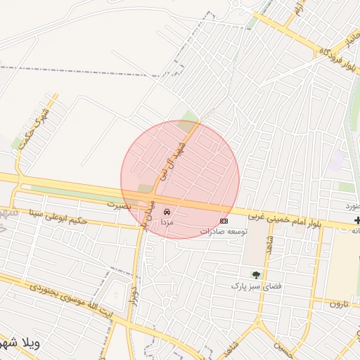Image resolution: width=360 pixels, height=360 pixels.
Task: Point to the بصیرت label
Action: point(119,205)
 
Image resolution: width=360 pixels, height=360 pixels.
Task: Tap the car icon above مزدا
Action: point(167,211)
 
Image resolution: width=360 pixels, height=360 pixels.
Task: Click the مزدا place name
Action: point(167,221)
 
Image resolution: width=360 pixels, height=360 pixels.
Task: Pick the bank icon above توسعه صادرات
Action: point(224,220)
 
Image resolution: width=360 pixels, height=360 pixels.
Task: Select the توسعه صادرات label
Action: point(224,231)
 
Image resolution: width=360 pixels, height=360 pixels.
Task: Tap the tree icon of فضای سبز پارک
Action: point(256,275)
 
